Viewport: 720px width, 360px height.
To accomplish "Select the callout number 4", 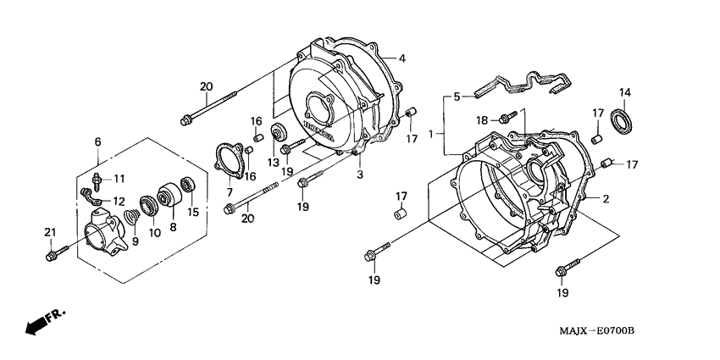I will point(402,58).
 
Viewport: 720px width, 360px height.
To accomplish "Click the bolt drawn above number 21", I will point(53,252).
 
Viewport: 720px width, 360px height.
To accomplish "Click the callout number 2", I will point(606,199).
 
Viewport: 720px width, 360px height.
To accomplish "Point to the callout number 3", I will point(359,174).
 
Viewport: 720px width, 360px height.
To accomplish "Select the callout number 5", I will point(457,97).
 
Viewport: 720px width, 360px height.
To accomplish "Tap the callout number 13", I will point(274,162).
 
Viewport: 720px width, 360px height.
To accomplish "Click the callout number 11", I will point(119,178).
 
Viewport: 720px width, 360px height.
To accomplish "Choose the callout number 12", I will point(119,201).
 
